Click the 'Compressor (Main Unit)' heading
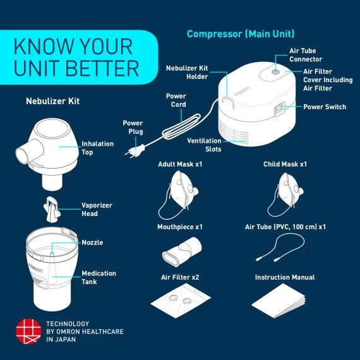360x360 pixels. [241, 33]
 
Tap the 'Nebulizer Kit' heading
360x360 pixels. [52, 101]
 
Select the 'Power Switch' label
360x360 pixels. [324, 107]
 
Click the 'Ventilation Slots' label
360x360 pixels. [204, 145]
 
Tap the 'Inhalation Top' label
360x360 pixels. [97, 148]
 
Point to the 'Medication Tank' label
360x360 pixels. [99, 277]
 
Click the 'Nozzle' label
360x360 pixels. [92, 243]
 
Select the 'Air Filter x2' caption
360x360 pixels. [180, 277]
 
